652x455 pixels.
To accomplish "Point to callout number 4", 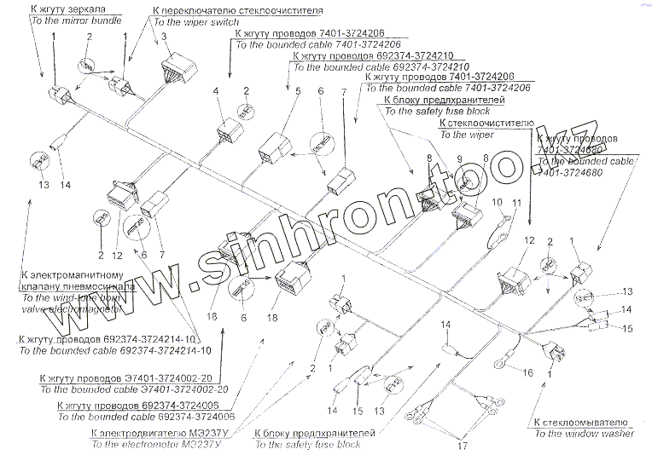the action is coord(217,91).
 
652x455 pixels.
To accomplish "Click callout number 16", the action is coord(527,372).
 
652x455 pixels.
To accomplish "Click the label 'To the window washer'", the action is coord(584,434).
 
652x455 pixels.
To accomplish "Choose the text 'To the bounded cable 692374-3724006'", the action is coord(146,418).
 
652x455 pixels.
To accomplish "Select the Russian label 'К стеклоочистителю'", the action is coord(486,124).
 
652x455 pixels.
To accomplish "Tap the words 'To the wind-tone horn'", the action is coord(67,298).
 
